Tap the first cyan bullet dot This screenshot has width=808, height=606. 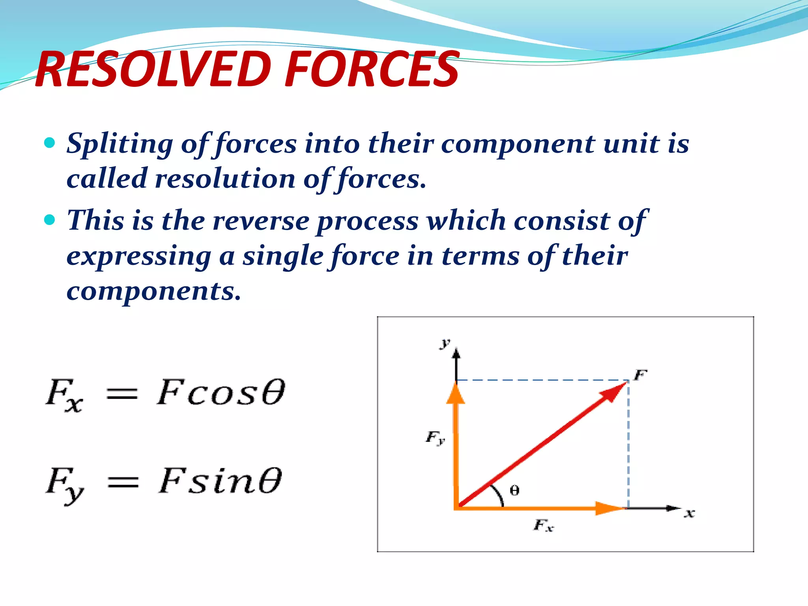click(50, 143)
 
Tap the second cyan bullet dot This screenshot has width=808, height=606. click(50, 220)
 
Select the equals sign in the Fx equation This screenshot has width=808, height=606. click(122, 394)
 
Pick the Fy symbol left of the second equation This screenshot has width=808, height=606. click(64, 484)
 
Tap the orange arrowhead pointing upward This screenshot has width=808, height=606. click(456, 395)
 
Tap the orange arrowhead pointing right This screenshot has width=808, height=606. click(608, 508)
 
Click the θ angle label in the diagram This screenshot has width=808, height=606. click(514, 490)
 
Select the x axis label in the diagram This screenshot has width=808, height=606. click(689, 513)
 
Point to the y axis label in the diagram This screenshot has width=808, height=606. click(445, 343)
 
